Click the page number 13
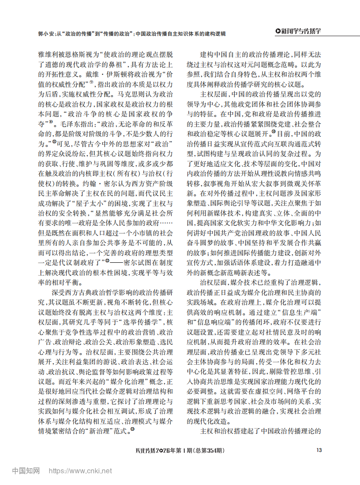[319, 450]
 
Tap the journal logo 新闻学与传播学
[298, 31]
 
